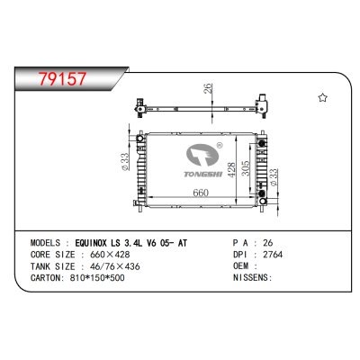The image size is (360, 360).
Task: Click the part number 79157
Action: (58, 79)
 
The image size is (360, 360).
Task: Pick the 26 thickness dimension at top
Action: (208, 89)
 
